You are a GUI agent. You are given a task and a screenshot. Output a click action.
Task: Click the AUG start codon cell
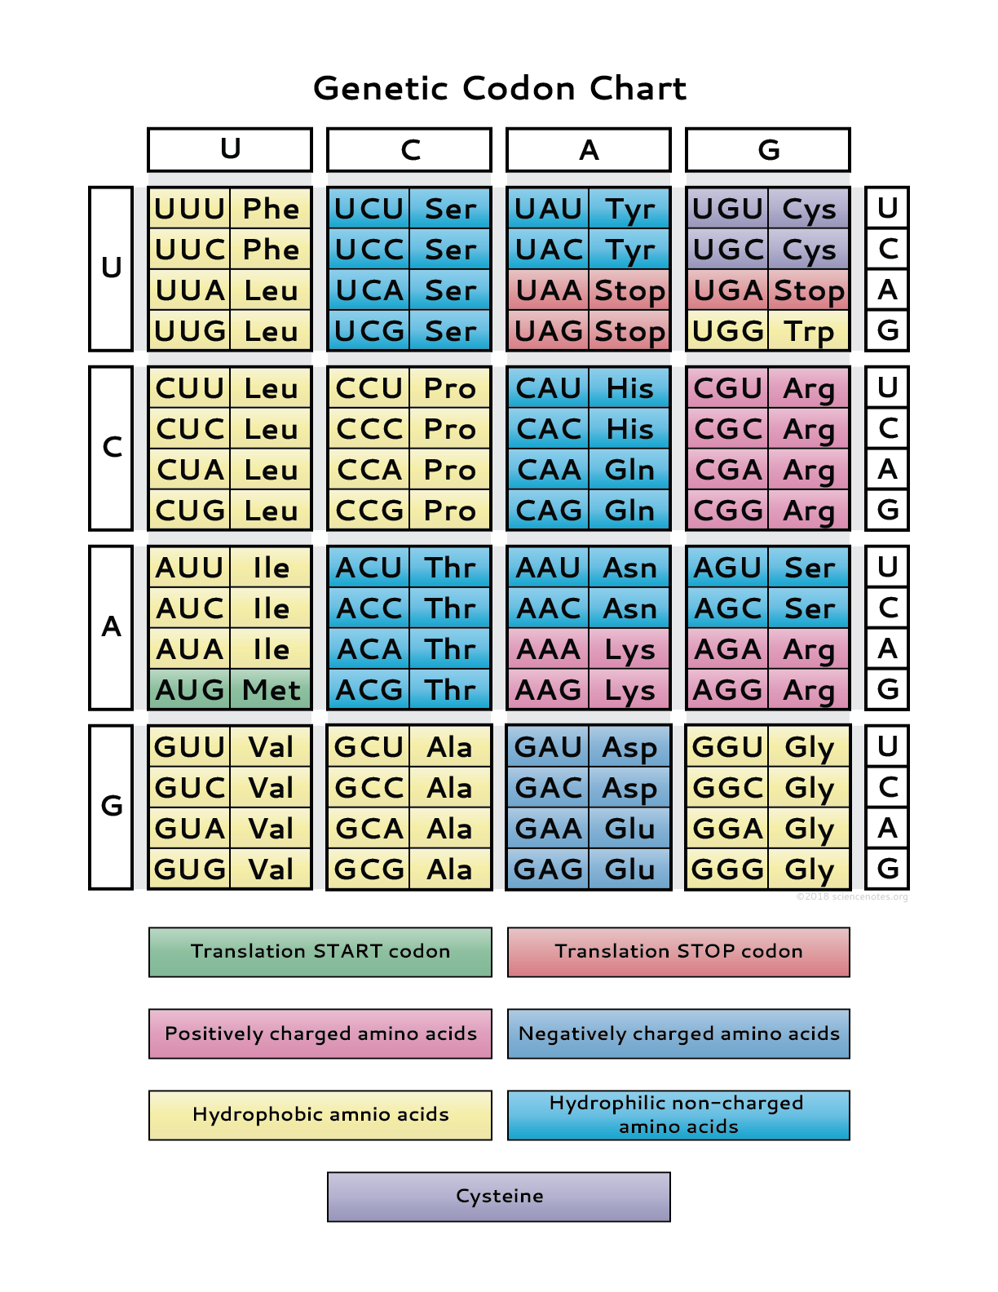click(189, 690)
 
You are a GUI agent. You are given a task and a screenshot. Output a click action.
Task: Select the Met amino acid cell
click(271, 690)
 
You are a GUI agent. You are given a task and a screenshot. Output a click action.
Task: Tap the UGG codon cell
click(727, 331)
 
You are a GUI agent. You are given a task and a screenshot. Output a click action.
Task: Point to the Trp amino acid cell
click(809, 331)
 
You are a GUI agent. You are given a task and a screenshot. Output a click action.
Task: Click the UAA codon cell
click(548, 290)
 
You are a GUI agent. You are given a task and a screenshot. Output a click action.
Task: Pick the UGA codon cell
click(727, 290)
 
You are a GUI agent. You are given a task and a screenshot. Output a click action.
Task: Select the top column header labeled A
click(589, 150)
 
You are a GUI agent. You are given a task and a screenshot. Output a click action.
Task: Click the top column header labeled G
click(768, 150)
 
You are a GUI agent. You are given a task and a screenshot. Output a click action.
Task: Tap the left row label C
click(112, 448)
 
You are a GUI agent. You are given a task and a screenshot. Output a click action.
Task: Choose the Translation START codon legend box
click(320, 952)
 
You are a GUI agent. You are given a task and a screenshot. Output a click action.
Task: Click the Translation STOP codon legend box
click(678, 952)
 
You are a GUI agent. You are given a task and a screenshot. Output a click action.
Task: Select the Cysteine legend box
click(499, 1197)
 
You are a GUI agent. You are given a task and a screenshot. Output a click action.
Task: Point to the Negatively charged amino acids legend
click(678, 1033)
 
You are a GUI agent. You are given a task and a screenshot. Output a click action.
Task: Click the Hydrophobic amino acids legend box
click(320, 1115)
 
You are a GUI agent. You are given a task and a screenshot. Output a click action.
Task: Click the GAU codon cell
click(548, 747)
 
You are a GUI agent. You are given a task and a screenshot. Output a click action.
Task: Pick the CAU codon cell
click(548, 388)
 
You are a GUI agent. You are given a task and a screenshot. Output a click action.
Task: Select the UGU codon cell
click(727, 209)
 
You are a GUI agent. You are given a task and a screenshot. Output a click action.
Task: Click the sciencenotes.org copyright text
click(852, 896)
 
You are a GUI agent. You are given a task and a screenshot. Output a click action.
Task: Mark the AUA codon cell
click(189, 649)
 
